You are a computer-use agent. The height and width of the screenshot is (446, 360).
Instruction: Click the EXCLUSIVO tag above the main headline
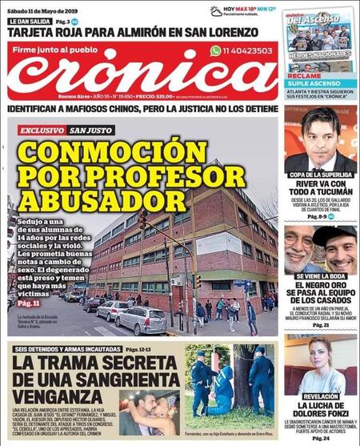point(42,129)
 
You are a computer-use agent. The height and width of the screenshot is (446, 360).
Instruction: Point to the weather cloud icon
point(215,10)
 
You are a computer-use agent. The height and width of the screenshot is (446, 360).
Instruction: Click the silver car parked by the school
point(141,319)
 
